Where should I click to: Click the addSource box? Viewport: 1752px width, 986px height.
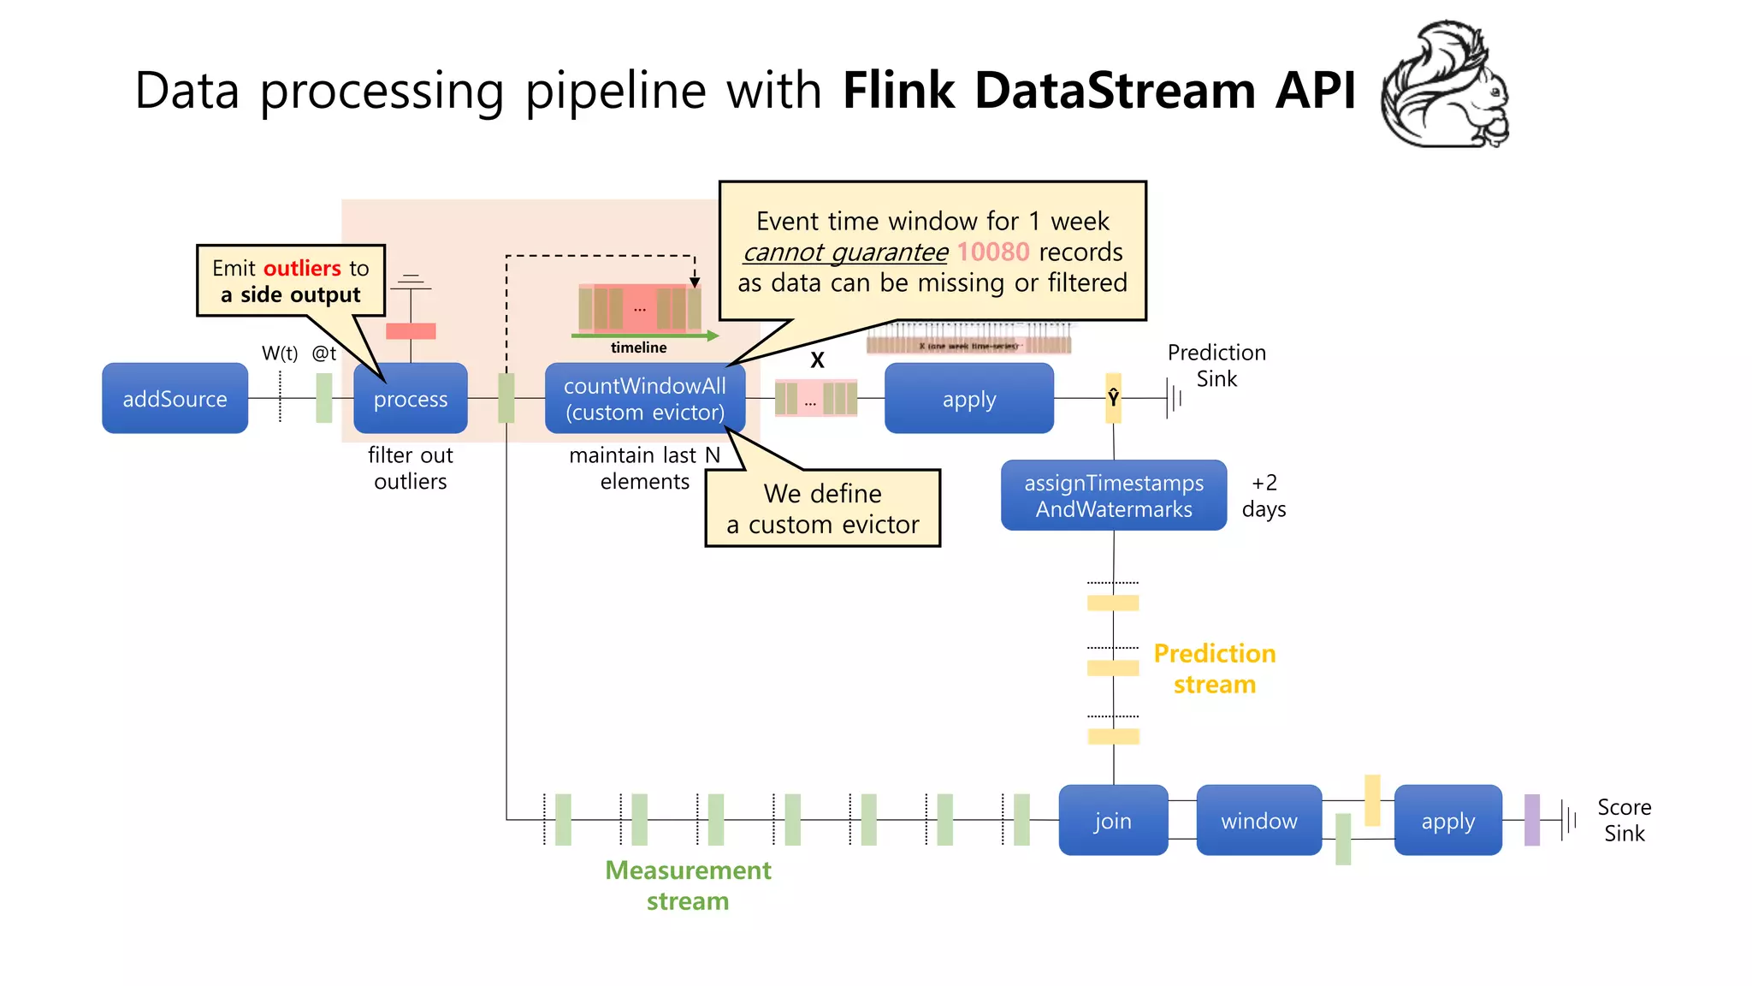click(x=175, y=399)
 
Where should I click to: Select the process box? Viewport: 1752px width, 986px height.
click(x=411, y=399)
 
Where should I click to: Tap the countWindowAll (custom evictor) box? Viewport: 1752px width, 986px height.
click(x=644, y=399)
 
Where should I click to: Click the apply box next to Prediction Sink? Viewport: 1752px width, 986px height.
click(x=968, y=399)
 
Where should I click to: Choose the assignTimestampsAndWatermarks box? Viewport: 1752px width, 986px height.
click(x=1113, y=496)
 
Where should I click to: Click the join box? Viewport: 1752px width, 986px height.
click(x=1112, y=820)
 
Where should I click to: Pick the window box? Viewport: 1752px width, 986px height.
click(x=1258, y=820)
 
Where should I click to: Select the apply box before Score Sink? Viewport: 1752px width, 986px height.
click(x=1447, y=820)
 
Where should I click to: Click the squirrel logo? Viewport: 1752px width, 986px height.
click(x=1446, y=86)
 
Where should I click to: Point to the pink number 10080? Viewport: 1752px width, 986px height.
click(x=992, y=252)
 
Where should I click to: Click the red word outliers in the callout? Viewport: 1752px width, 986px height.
click(x=302, y=268)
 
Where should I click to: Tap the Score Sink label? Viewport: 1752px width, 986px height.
click(x=1624, y=820)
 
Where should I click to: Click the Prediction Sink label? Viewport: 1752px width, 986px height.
click(x=1216, y=365)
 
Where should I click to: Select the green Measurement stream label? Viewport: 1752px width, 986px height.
click(x=688, y=885)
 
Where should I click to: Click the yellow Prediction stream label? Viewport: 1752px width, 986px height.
click(x=1214, y=668)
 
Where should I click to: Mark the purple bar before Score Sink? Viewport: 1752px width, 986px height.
click(x=1531, y=820)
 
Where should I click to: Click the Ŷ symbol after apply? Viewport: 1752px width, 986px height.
click(x=1113, y=398)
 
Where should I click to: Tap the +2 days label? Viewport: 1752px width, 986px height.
click(x=1264, y=496)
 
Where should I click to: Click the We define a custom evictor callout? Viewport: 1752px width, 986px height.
click(x=822, y=508)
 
